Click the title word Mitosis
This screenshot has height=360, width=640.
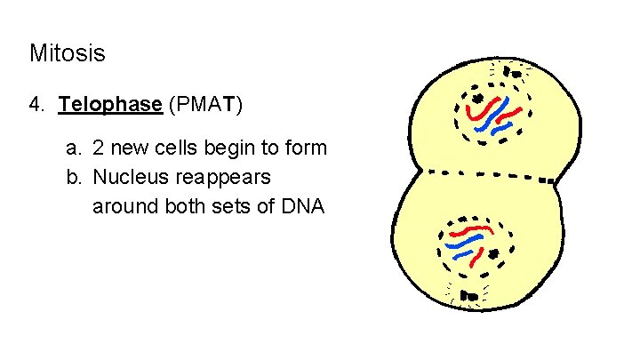coord(67,53)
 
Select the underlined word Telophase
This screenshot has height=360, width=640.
coord(109,105)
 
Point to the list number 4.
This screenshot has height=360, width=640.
coord(36,105)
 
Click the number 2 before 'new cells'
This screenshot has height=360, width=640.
coord(99,148)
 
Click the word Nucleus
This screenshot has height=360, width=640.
coord(126,177)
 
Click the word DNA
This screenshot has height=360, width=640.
coord(304,206)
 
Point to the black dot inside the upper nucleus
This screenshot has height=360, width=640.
coord(477,99)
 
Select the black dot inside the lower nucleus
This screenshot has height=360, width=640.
coord(492,256)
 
